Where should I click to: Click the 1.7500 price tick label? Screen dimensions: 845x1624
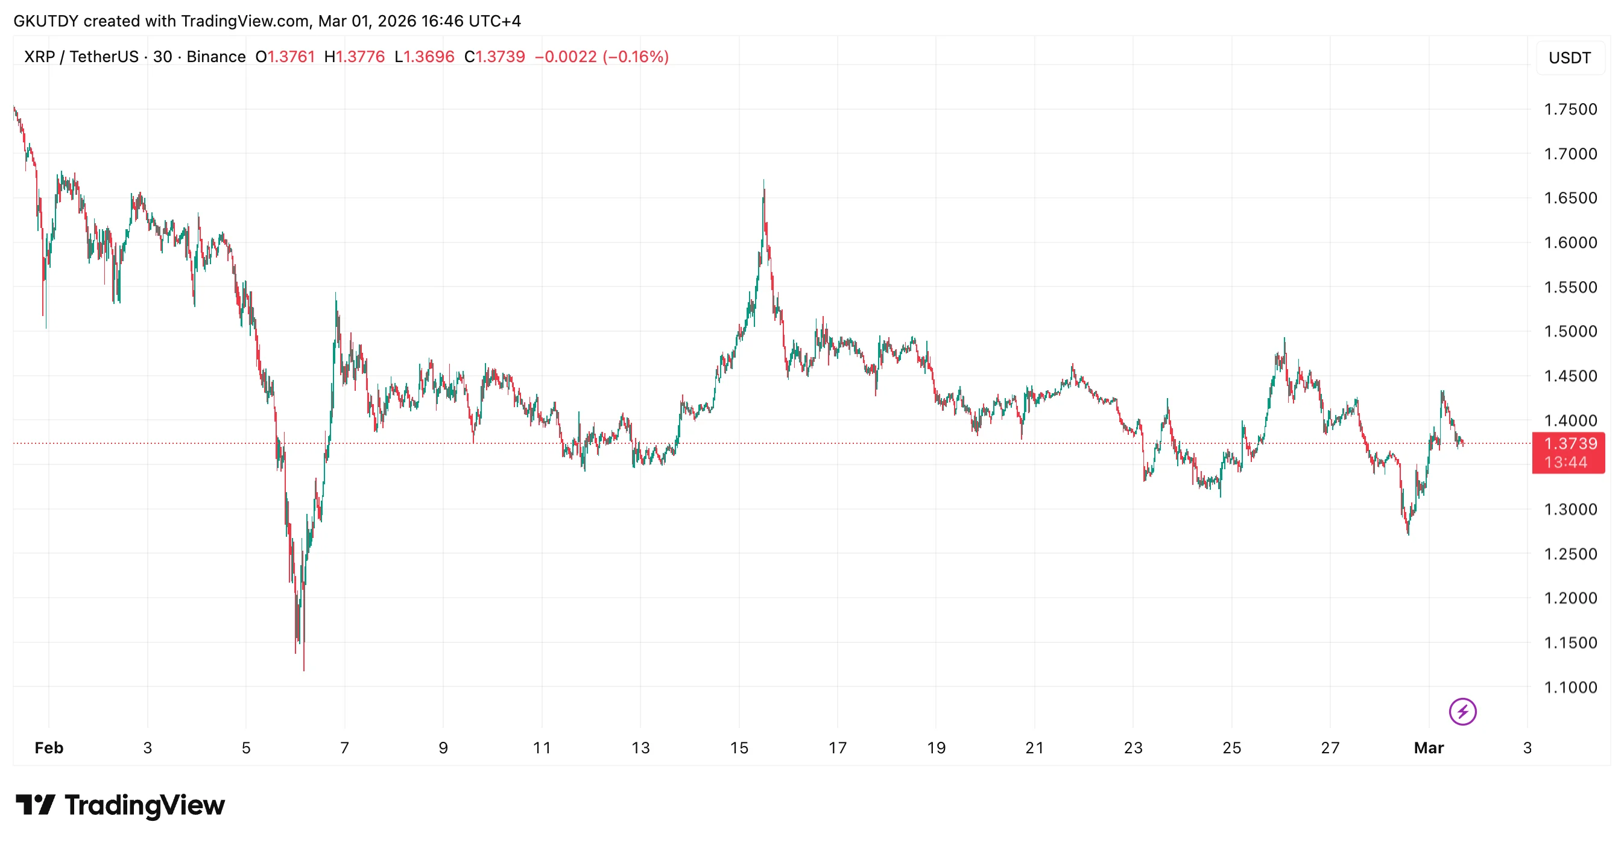coord(1570,109)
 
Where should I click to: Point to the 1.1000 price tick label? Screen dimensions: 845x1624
coord(1570,688)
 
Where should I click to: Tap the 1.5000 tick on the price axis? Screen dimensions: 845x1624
coord(1570,332)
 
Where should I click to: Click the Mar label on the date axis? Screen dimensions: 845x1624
coord(1429,748)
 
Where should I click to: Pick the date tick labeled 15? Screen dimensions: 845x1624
coord(739,748)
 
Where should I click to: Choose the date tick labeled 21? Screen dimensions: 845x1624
coord(1035,748)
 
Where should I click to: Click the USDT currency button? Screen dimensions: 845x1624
coord(1570,58)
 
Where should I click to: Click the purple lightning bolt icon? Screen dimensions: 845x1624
coord(1462,712)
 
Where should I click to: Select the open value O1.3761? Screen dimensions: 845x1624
coord(285,57)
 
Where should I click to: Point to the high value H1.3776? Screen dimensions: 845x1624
coord(355,57)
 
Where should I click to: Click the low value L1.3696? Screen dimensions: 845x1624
coord(425,57)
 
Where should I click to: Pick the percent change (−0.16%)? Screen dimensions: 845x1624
coord(636,57)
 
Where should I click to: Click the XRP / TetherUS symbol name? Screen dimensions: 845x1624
coord(81,57)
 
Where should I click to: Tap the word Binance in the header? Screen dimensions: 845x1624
coord(216,57)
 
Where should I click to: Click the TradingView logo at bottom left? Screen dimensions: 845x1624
coord(121,805)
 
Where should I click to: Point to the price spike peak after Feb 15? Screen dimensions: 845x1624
coord(763,182)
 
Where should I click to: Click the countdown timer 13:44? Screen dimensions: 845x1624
coord(1566,463)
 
